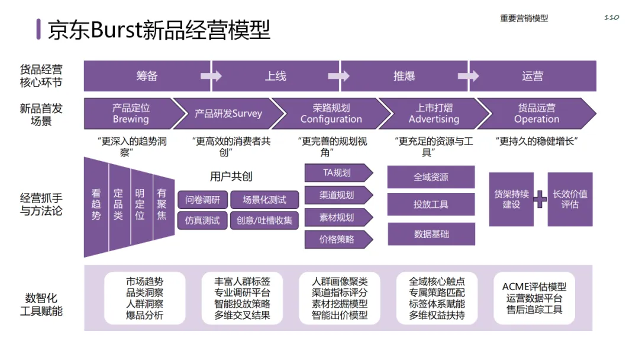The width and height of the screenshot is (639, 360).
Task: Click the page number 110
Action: coord(611,17)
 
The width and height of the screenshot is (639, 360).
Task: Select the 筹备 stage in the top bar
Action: coord(147,76)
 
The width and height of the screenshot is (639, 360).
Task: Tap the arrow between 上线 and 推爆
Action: coord(338,76)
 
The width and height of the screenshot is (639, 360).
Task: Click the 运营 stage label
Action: coord(532,76)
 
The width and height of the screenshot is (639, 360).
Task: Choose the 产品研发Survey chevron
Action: coord(228,114)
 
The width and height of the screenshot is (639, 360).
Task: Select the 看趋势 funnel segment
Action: coord(96,204)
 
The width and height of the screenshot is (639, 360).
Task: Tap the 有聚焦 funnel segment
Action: coord(162,204)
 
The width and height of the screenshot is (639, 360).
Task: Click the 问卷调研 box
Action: coord(202,200)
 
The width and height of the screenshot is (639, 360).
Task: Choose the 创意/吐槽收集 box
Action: coord(264,220)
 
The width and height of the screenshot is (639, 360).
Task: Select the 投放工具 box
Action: coord(431,204)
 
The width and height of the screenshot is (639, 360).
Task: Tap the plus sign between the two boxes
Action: coord(540,200)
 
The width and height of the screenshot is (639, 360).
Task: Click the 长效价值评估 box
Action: coord(570,200)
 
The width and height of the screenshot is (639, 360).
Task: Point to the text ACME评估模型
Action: coord(534,287)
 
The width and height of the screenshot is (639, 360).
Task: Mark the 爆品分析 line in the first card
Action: coord(145,316)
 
